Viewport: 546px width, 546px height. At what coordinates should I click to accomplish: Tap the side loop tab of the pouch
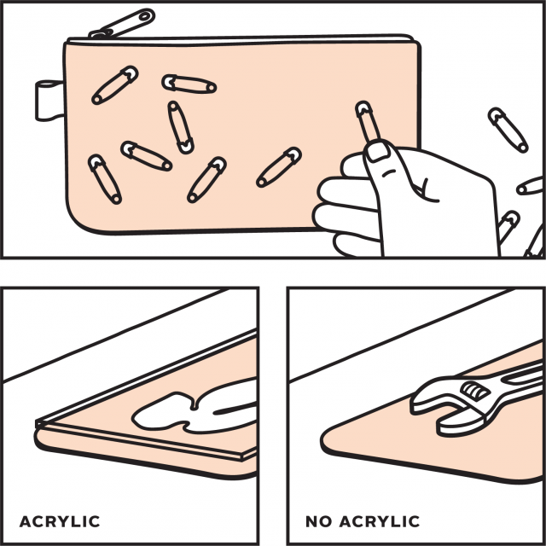[x=49, y=101]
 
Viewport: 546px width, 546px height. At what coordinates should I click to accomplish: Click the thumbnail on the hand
[x=377, y=151]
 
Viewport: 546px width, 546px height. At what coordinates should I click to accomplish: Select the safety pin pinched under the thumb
[x=367, y=123]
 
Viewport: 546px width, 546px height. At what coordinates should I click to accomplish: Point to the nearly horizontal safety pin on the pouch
[x=189, y=84]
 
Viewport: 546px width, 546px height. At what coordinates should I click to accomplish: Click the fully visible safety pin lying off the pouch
[x=508, y=130]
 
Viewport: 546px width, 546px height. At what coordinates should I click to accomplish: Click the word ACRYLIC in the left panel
[x=60, y=521]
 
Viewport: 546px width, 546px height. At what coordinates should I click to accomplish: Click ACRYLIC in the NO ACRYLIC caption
[x=380, y=521]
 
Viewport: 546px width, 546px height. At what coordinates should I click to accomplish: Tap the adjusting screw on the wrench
[x=474, y=391]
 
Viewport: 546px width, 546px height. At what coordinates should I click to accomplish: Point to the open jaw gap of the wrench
[x=438, y=414]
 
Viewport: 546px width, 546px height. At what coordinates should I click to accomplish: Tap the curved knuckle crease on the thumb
[x=390, y=172]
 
